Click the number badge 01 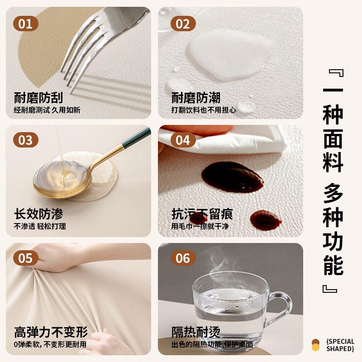pyautogui.click(x=26, y=24)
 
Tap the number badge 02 pyautogui.click(x=183, y=24)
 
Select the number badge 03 pyautogui.click(x=26, y=140)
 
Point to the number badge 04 pyautogui.click(x=183, y=140)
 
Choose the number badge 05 pyautogui.click(x=26, y=258)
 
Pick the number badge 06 pyautogui.click(x=183, y=258)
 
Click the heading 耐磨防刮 pyautogui.click(x=38, y=97)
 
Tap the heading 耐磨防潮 pyautogui.click(x=196, y=97)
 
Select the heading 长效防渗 pyautogui.click(x=38, y=214)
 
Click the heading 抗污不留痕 pyautogui.click(x=202, y=214)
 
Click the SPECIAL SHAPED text pyautogui.click(x=339, y=345)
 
